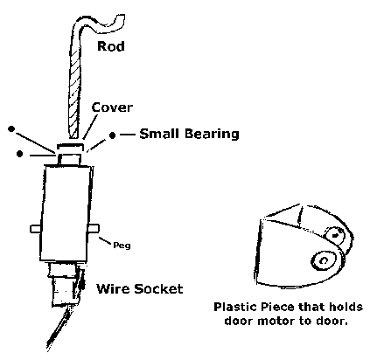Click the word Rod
[x=111, y=46]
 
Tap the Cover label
[x=112, y=107]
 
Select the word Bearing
[x=212, y=134]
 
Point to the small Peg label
[x=122, y=246]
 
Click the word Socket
[x=158, y=288]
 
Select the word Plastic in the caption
[x=235, y=307]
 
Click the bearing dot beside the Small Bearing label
[x=112, y=135]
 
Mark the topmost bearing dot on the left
[x=11, y=128]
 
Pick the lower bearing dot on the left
[x=19, y=154]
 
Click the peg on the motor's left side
[x=36, y=229]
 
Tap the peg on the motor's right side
[x=94, y=229]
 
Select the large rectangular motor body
[x=67, y=212]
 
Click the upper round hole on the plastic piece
[x=335, y=235]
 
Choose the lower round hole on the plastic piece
[x=323, y=260]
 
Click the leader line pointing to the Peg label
[x=105, y=240]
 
